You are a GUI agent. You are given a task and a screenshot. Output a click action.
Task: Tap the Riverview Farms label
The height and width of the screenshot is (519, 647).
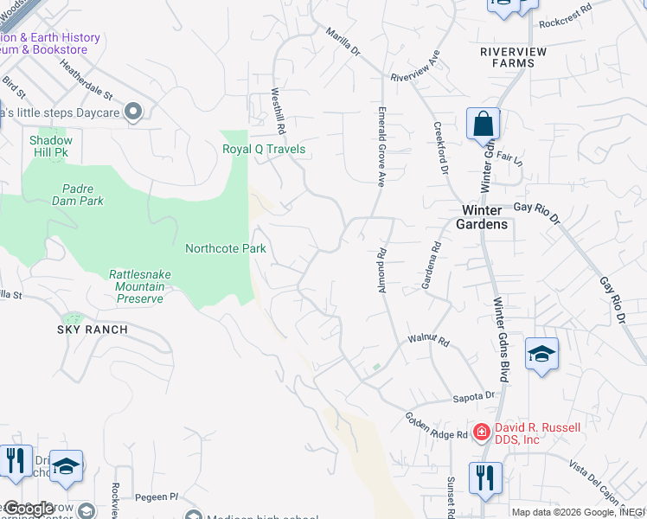click(x=514, y=57)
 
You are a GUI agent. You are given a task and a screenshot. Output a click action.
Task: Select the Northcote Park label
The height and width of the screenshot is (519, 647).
click(x=226, y=248)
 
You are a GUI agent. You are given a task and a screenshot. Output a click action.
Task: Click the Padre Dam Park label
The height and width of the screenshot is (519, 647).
click(x=83, y=195)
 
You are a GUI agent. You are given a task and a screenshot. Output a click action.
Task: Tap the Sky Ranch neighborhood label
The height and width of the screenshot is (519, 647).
click(x=93, y=330)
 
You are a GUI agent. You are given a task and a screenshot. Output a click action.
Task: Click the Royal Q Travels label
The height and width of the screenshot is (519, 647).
click(x=264, y=149)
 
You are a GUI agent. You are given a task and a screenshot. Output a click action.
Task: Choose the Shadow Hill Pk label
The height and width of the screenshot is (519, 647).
click(x=51, y=145)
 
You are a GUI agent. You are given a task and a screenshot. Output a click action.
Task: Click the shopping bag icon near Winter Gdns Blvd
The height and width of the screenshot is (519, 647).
click(x=483, y=125)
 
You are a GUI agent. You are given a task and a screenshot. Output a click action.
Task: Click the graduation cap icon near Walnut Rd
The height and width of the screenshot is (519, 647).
click(x=541, y=355)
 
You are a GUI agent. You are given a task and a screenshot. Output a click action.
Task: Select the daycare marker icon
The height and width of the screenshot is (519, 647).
click(x=133, y=112)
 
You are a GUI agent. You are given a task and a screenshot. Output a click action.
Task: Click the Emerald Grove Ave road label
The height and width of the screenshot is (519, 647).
click(x=381, y=146)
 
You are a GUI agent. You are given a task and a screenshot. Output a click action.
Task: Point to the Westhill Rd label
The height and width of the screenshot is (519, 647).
click(x=278, y=110)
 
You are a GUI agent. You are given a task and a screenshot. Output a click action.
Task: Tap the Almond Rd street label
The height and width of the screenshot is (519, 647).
click(x=382, y=271)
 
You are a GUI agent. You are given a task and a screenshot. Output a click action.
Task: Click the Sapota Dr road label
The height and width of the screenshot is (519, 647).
click(x=475, y=397)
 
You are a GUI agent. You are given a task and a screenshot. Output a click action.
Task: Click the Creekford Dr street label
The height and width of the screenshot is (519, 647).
click(x=440, y=148)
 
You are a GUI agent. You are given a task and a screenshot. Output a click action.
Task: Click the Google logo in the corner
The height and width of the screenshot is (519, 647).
click(x=29, y=509)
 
